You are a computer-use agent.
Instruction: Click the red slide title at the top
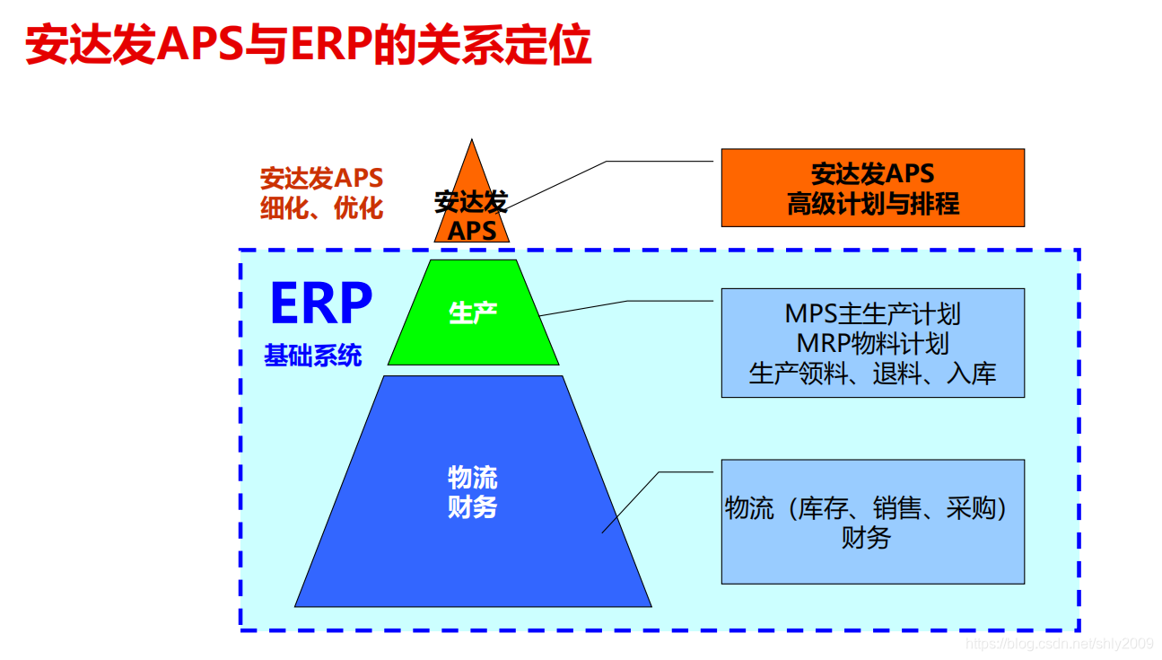click(308, 45)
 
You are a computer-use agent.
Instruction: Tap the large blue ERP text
click(320, 304)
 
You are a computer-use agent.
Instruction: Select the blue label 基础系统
click(313, 356)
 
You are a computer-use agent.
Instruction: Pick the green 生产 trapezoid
click(473, 332)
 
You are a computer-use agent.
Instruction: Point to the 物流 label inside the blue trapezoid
click(472, 478)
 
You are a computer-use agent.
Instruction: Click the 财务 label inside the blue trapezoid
click(472, 507)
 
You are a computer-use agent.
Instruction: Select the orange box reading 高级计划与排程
click(872, 205)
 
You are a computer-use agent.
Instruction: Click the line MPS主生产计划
click(872, 313)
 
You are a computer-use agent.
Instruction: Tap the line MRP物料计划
click(872, 343)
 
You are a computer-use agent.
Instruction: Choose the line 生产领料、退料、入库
click(872, 374)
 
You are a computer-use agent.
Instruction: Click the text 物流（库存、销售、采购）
click(866, 508)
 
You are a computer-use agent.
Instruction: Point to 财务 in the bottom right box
click(866, 538)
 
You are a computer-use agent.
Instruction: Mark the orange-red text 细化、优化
click(321, 208)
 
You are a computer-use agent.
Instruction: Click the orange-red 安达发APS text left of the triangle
click(321, 178)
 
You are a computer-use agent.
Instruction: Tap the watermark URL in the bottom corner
click(1059, 643)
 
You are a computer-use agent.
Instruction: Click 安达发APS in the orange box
click(872, 173)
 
